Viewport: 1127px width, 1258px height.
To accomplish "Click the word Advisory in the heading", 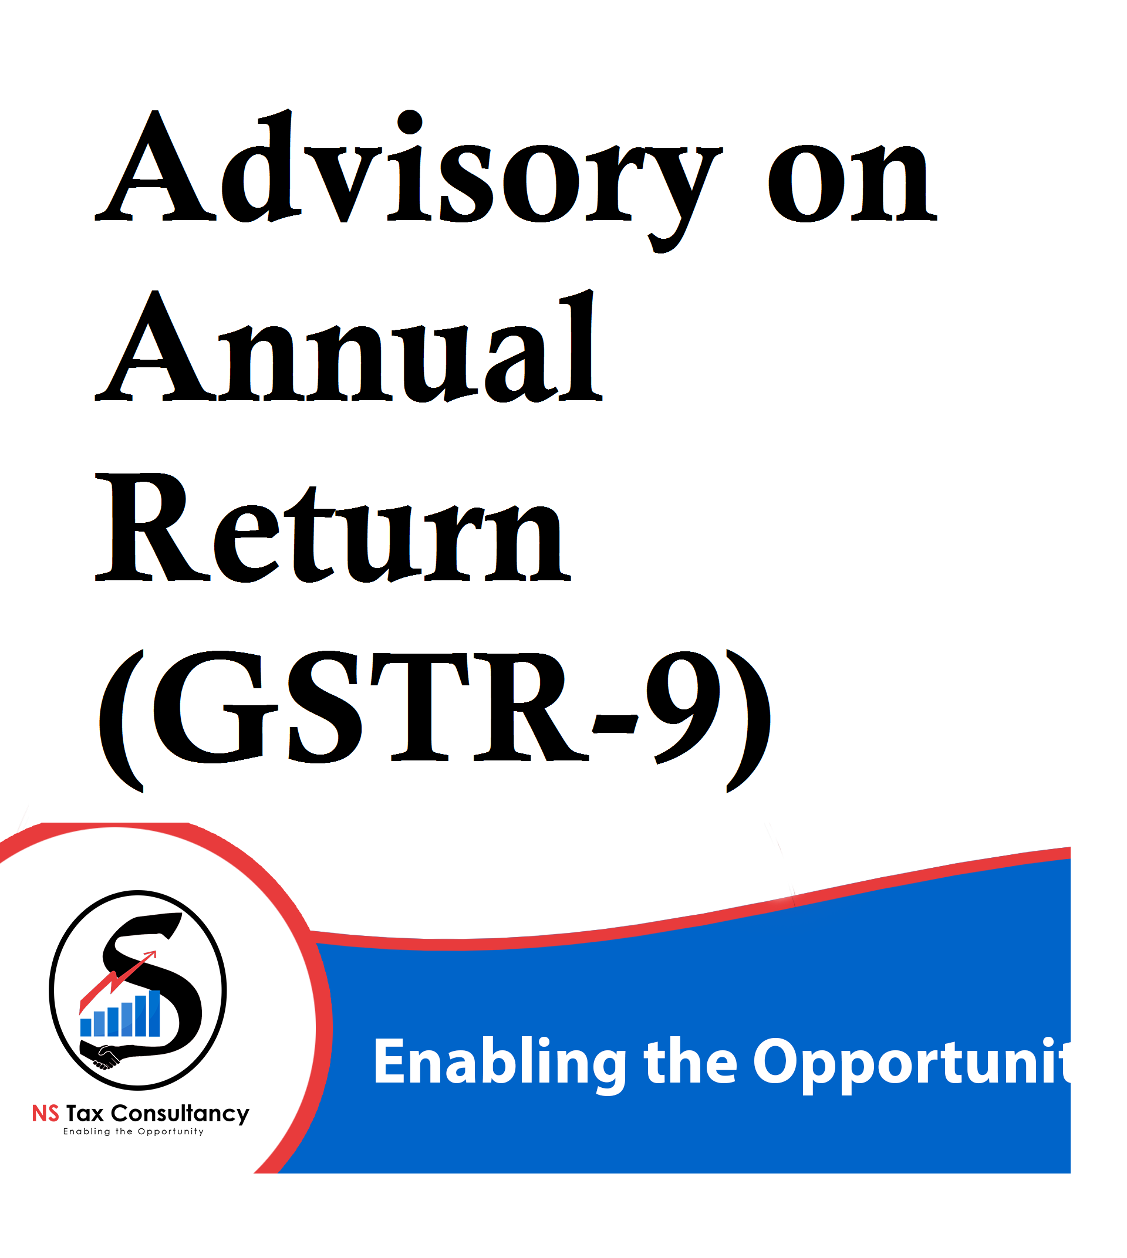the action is [x=409, y=180].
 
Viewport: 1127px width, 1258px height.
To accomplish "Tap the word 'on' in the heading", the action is [x=853, y=182].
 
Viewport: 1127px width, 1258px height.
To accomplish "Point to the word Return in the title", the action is [x=333, y=527].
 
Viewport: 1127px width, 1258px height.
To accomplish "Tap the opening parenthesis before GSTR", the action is [x=122, y=721].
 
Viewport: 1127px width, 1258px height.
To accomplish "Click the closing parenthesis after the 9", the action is [x=748, y=721].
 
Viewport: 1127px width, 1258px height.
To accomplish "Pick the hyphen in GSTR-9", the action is [x=616, y=722].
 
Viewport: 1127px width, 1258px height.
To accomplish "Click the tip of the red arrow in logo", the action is [x=156, y=953].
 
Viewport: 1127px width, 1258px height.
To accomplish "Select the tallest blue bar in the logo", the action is [x=154, y=1013].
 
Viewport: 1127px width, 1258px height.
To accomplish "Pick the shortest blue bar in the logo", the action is [x=86, y=1027].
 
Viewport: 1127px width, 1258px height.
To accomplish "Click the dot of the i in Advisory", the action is [x=410, y=122].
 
